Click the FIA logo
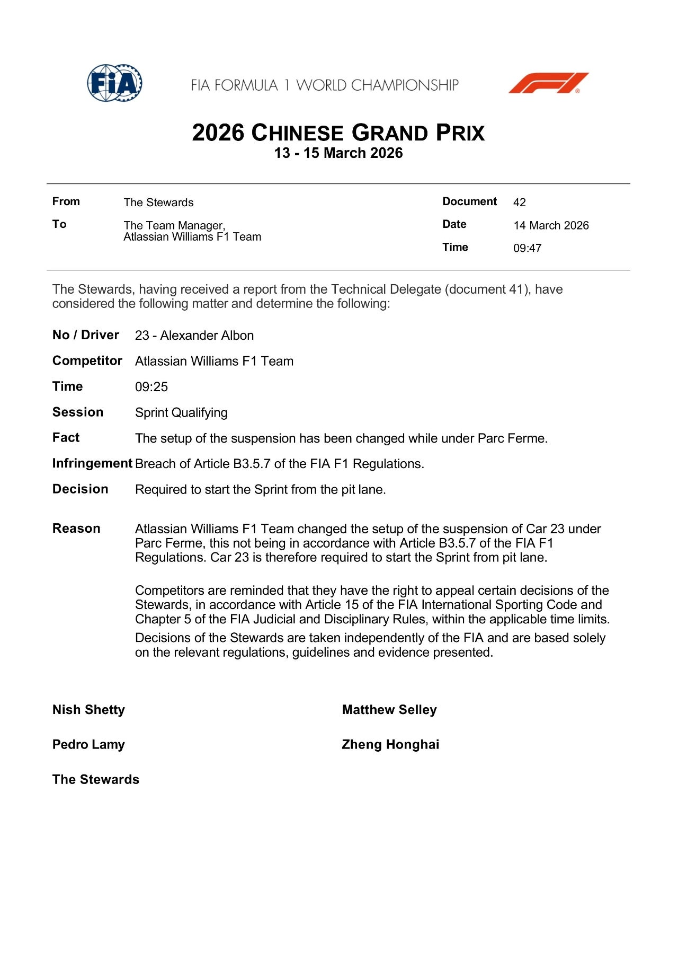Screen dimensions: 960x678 point(114,83)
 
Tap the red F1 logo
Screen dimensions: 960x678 point(548,83)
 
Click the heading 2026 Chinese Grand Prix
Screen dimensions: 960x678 point(338,133)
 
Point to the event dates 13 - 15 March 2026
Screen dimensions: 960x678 point(338,153)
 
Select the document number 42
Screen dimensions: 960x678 point(519,202)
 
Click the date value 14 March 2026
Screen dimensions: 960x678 point(551,225)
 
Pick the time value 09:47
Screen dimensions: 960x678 point(527,248)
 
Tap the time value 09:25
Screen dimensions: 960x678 point(151,387)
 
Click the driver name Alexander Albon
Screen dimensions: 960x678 point(207,336)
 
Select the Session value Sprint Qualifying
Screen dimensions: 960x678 point(181,412)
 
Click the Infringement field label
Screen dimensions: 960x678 point(92,463)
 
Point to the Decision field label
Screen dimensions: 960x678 point(80,489)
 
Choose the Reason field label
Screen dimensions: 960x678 point(76,529)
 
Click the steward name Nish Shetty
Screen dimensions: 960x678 point(88,710)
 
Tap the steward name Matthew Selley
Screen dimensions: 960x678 point(389,710)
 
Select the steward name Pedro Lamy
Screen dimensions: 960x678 point(88,744)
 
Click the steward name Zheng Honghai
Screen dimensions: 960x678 point(390,744)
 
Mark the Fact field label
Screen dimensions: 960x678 point(66,437)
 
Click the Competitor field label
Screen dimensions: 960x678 point(87,360)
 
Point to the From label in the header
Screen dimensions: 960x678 point(66,201)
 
